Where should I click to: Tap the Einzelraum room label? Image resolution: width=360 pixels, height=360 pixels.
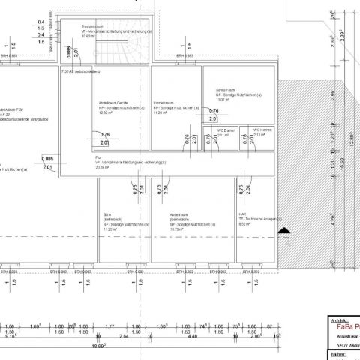164,102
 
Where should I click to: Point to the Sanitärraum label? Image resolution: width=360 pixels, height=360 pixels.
226,88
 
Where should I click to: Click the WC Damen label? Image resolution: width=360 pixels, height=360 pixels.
226,130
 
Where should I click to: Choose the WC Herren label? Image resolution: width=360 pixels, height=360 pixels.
262,130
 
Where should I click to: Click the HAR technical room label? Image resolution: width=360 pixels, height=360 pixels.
242,214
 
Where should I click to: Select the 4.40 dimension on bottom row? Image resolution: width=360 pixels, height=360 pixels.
191,337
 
